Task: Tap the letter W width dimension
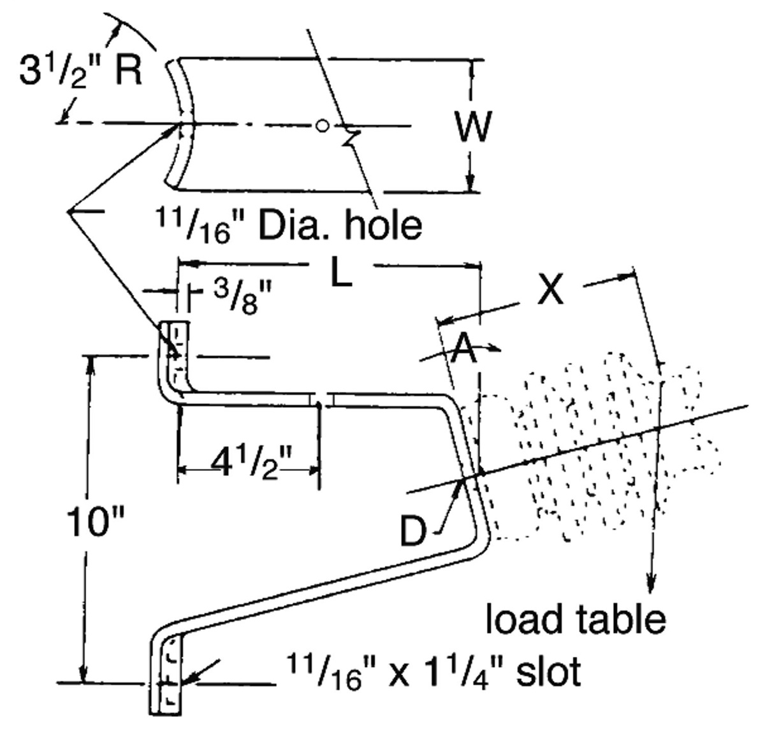473,126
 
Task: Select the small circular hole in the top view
323,126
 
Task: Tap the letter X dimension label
549,291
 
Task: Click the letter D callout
414,531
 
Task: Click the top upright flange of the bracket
174,354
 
